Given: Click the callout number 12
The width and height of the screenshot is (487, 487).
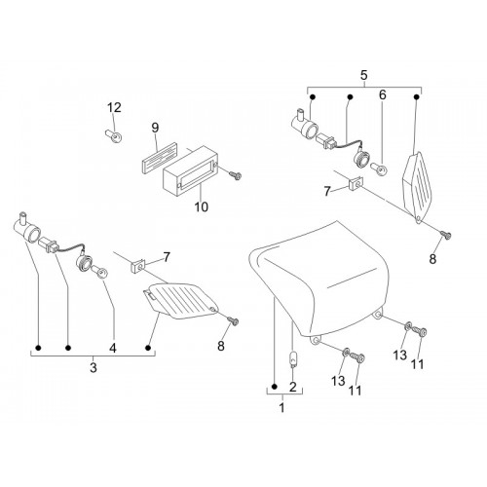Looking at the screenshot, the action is click(x=114, y=107).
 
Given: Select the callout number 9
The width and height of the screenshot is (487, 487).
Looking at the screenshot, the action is click(x=155, y=128).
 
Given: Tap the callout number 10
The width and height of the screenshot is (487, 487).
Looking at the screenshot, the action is click(x=202, y=206).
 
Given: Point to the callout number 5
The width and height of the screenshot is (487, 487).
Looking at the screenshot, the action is click(x=364, y=75).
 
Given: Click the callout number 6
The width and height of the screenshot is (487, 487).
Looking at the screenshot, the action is click(x=383, y=94).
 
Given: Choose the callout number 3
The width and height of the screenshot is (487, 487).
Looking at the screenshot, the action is click(x=94, y=368).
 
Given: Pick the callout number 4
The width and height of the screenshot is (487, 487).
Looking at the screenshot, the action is click(x=113, y=348).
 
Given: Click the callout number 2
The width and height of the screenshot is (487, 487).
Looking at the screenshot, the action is click(x=293, y=387).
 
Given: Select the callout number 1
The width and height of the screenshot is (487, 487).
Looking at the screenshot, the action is click(x=281, y=407).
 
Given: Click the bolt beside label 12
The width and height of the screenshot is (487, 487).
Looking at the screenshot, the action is click(x=113, y=136).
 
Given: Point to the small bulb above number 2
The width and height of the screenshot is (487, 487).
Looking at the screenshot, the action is click(x=293, y=359).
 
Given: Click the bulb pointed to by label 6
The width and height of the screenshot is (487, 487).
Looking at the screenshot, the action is click(x=378, y=169).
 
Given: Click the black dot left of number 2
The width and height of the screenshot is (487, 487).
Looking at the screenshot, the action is click(x=275, y=387).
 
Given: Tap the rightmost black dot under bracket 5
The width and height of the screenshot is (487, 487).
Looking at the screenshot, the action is click(x=417, y=96).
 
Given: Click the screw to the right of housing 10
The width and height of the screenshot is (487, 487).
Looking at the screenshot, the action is click(x=235, y=175).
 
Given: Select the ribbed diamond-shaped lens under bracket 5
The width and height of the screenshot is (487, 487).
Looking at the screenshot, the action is click(x=417, y=188).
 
